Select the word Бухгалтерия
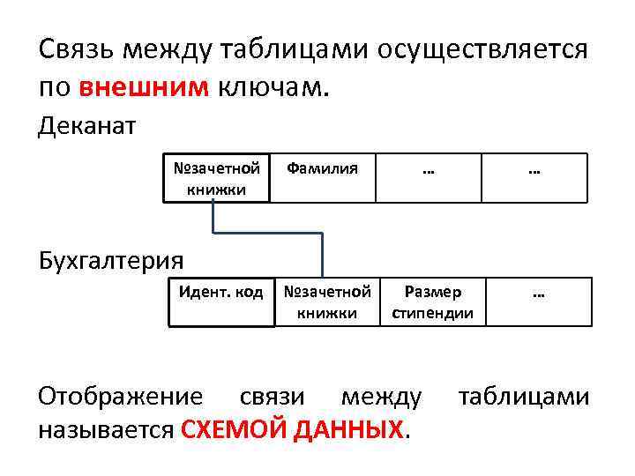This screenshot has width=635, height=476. click(111, 260)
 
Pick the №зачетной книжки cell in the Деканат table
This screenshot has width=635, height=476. click(216, 178)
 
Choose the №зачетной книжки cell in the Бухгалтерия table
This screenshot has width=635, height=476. click(326, 301)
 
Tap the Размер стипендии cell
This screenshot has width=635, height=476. click(432, 301)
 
